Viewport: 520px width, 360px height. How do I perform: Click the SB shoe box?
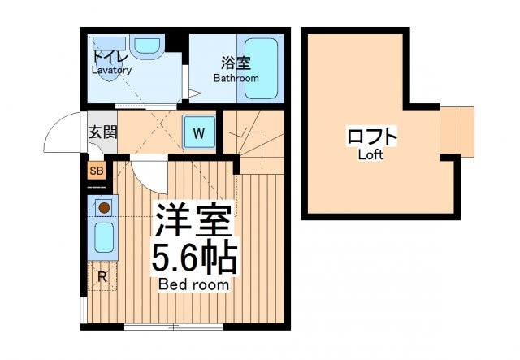coord(97,171)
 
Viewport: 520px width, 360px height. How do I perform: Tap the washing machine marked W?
coord(199,133)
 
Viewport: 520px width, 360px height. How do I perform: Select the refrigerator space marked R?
coord(102,276)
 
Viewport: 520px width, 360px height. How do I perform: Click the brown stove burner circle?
coord(104,208)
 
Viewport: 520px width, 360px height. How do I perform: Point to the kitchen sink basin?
coord(104,237)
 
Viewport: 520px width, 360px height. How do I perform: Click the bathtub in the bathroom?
coord(261,69)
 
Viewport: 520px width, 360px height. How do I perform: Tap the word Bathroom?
coord(236,78)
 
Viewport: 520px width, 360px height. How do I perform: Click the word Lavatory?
coord(112,70)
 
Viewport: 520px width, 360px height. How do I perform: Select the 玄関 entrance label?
coord(103,132)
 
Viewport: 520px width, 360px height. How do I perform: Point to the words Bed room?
coord(194,284)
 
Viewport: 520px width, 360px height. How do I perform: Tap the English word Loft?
coord(370,154)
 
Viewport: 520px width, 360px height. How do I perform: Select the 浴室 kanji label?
coord(236,63)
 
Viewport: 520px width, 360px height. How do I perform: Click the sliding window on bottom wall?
coord(174,327)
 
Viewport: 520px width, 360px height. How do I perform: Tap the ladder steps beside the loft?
coord(457,132)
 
